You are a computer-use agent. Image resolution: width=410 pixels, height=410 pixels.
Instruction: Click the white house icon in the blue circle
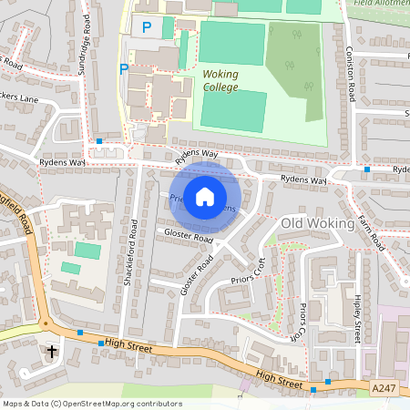(x=205, y=195)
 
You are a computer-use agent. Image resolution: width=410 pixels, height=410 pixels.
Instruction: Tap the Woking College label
(x=220, y=80)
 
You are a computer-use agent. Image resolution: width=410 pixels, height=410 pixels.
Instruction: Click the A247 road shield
(x=384, y=388)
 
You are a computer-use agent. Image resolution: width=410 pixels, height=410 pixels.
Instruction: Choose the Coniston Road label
(x=349, y=73)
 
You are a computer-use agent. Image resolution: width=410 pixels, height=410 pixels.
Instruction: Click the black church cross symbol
(x=51, y=350)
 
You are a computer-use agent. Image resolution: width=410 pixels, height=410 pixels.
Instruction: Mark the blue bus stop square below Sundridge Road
(x=99, y=141)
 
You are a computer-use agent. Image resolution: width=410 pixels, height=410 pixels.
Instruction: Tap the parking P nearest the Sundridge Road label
(x=124, y=68)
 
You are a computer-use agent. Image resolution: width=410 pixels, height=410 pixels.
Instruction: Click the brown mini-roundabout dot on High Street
(x=44, y=323)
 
